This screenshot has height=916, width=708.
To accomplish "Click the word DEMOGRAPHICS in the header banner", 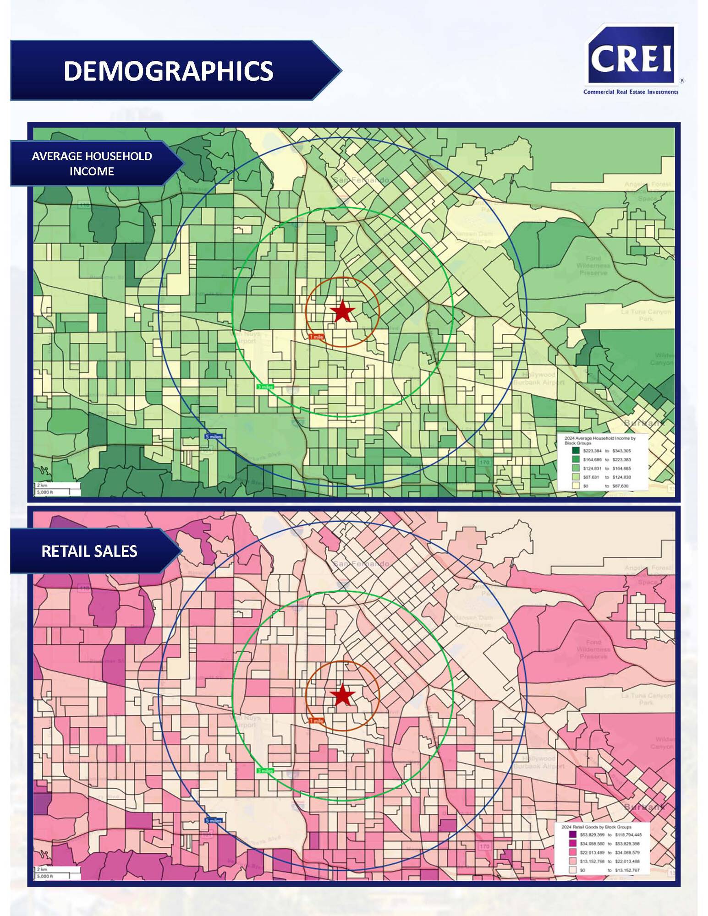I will coord(168,71).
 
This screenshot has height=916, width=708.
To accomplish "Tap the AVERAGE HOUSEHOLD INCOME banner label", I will coord(92,164).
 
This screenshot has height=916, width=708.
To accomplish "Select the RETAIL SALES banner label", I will coord(89,551).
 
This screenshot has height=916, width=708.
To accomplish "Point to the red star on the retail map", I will coord(342,695).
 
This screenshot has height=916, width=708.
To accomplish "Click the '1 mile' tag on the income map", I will coord(316,337).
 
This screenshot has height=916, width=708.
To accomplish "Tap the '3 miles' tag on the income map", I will coord(265,387).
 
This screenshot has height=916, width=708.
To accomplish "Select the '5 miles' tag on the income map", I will coord(214,436).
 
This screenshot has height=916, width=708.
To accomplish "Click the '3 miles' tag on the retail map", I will coord(265,771).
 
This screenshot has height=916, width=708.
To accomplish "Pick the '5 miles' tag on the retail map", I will coord(214,820).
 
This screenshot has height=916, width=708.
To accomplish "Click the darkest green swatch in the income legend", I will coord(576,451).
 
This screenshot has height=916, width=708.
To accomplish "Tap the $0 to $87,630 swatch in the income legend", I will coord(576,485).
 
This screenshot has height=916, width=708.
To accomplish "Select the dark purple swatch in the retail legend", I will coord(572,835).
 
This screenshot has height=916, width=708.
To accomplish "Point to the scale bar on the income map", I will coord(58,489).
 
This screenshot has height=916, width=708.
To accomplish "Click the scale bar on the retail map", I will coord(58,873).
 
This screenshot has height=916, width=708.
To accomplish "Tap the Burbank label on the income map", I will coord(644,422).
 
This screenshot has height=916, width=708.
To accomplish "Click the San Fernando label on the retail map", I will coord(362,564).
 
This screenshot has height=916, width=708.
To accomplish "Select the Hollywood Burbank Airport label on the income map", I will coord(538,378).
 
